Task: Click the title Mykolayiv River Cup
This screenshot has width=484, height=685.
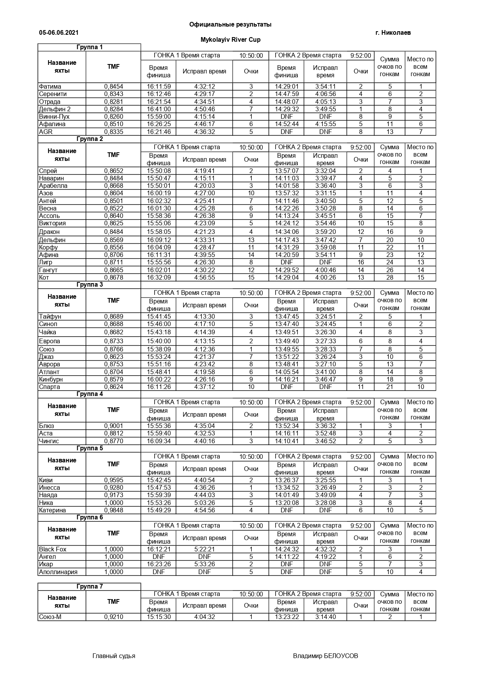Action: click(230, 39)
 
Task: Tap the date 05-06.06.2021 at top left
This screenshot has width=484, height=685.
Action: click(59, 33)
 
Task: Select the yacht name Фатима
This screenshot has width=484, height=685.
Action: click(50, 87)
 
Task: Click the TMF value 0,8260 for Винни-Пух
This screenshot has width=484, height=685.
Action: click(114, 117)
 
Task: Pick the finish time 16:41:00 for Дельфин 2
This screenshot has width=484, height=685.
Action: click(158, 109)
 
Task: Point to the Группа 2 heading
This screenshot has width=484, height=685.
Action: click(89, 139)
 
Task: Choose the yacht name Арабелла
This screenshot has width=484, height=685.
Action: click(53, 186)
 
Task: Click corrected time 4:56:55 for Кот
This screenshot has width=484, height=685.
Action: click(204, 278)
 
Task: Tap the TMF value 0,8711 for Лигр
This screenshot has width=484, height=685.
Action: click(114, 262)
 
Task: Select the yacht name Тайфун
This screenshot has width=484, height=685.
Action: click(50, 317)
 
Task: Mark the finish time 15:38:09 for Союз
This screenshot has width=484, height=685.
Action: click(158, 350)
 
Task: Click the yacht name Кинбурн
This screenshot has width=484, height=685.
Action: click(51, 380)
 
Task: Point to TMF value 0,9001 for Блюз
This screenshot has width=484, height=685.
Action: click(114, 426)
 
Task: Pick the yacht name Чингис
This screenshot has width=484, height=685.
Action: click(49, 441)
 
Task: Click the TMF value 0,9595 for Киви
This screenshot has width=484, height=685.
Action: click(114, 480)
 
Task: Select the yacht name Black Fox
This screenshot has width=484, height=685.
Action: click(53, 549)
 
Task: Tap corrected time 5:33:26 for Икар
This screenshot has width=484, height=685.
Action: click(204, 564)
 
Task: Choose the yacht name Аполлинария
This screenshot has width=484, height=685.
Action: click(58, 572)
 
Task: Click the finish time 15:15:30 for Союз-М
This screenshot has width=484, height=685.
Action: click(158, 617)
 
